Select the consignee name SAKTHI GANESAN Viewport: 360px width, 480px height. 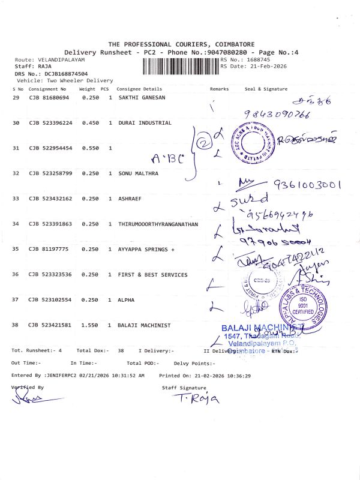tap(142, 97)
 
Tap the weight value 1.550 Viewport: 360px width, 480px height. tap(89, 325)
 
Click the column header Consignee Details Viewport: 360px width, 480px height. tap(139, 89)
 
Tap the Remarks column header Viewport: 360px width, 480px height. tap(219, 89)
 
